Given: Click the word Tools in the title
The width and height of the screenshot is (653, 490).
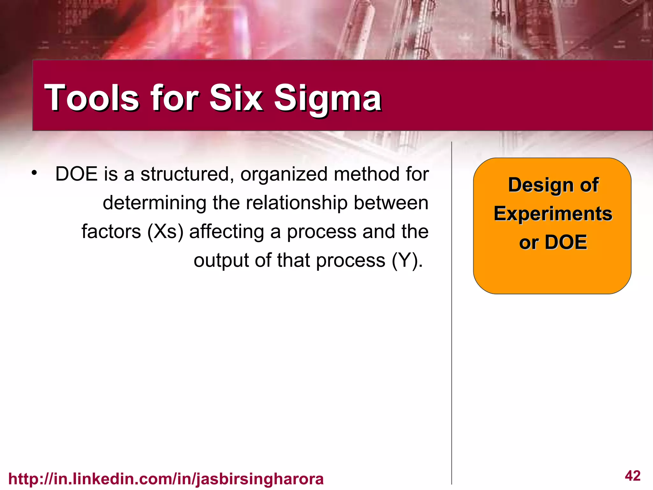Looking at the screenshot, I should point(92,98).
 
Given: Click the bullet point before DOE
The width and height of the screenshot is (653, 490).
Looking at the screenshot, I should point(34,174).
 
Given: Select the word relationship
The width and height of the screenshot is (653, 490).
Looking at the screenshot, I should point(297,203).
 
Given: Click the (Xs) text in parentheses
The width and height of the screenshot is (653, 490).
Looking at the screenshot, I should point(165,232).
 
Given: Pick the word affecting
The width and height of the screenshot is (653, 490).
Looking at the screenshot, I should point(226,232).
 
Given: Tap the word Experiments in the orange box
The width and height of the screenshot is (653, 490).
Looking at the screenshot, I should point(553,214).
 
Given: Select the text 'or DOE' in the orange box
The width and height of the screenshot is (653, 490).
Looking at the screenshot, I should point(553,242).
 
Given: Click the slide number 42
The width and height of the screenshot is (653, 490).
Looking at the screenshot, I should point(633,476).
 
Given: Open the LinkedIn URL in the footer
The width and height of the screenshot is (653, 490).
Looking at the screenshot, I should point(166,479).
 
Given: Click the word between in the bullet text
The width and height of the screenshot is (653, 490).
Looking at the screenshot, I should point(391,203).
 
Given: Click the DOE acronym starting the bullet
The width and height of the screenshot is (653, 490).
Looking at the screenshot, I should point(76,174).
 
